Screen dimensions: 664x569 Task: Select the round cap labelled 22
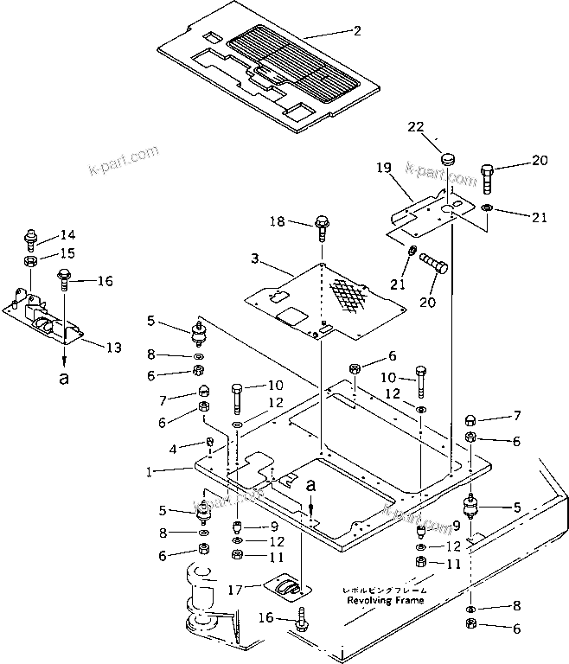[448, 159]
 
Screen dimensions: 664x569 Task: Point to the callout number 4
[172, 448]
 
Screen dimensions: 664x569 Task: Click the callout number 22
[415, 127]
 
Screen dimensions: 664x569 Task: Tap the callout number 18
[278, 223]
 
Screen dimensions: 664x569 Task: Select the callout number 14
[67, 234]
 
